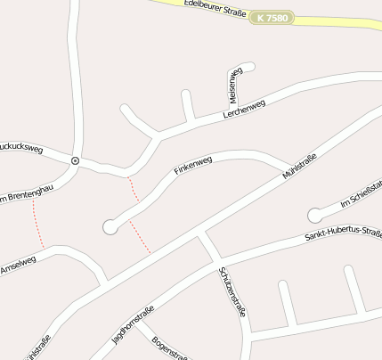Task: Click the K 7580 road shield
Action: click(x=272, y=17)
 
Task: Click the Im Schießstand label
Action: click(x=362, y=196)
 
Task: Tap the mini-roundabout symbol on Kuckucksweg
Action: click(x=76, y=160)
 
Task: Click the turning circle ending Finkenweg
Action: click(x=110, y=227)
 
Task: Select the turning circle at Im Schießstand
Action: click(x=314, y=215)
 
